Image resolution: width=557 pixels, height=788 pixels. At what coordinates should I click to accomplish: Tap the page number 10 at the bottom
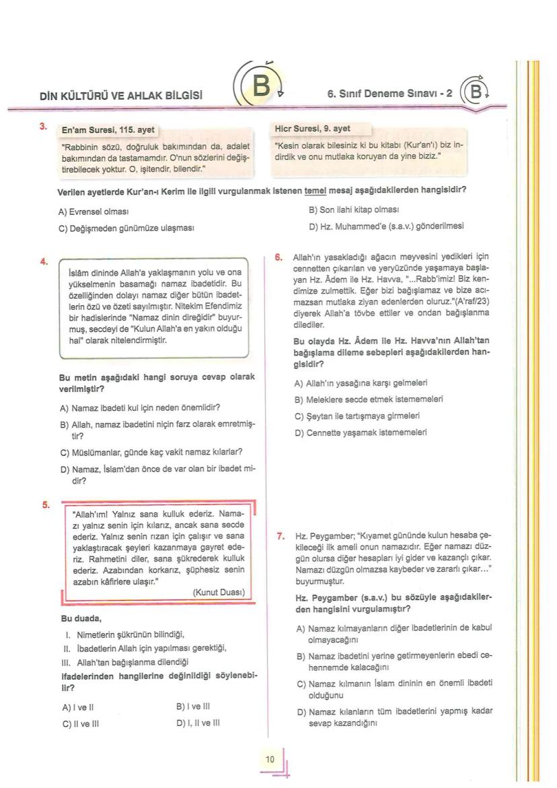coord(270,760)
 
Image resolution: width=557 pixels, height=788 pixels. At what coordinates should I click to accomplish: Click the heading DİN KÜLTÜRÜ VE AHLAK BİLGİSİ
coord(121,96)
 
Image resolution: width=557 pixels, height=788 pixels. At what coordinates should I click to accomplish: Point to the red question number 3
coord(43,126)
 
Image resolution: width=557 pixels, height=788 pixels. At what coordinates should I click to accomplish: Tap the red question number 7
coord(281,536)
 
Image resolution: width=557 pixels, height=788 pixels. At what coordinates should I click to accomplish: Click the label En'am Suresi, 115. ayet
coord(108,129)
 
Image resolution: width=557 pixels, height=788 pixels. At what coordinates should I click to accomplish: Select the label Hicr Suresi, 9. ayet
coord(313,128)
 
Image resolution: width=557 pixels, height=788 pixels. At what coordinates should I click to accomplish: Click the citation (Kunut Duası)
coord(219,593)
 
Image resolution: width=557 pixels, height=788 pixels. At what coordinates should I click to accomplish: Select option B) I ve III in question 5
coord(193,707)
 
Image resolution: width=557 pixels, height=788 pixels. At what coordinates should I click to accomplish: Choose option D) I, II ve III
coord(198,723)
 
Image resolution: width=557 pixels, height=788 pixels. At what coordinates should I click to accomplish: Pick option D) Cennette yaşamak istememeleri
coord(361,432)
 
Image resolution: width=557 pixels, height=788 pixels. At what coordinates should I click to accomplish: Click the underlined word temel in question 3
coord(315,191)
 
